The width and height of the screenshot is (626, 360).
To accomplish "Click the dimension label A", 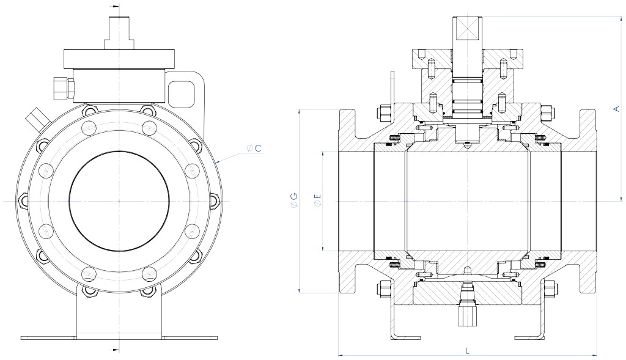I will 616,108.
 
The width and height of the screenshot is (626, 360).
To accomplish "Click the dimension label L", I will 467,350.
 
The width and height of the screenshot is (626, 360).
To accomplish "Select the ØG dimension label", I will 295,200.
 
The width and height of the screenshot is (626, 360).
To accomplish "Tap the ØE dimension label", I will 316,200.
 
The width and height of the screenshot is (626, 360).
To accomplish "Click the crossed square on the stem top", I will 466,29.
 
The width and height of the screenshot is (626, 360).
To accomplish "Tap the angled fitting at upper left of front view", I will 34,117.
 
